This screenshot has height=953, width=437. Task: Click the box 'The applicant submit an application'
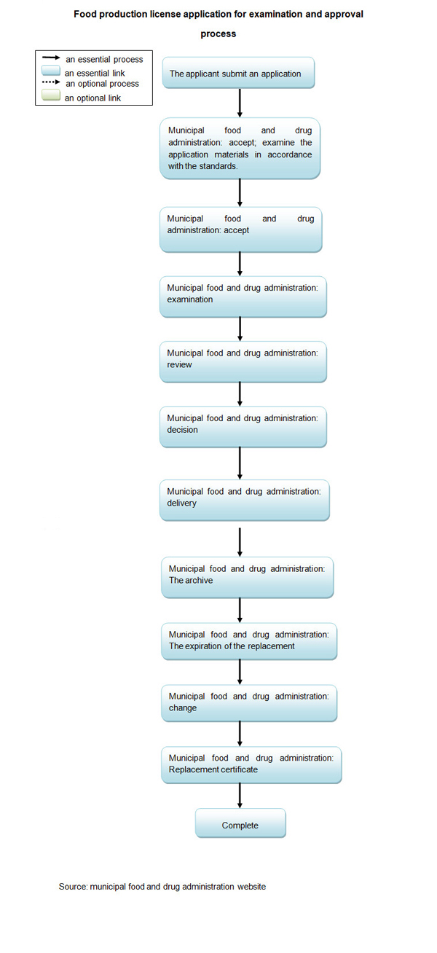[238, 73]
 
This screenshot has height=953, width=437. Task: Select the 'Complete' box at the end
[240, 825]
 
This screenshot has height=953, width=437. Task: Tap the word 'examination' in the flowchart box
[190, 299]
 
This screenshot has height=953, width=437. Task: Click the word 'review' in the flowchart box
[179, 364]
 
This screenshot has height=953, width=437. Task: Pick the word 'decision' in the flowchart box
[182, 430]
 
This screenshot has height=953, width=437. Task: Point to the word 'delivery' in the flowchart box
[181, 503]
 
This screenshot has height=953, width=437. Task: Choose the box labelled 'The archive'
[248, 576]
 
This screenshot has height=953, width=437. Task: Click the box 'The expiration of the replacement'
[249, 640]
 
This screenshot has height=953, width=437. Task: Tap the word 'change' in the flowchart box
[182, 707]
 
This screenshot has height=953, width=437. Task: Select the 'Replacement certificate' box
[251, 764]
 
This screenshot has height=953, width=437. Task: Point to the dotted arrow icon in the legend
[51, 83]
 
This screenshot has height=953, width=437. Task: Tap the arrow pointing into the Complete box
[240, 796]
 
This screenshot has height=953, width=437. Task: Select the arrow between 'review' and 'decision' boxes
[240, 394]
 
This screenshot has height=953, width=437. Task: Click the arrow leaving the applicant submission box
[240, 103]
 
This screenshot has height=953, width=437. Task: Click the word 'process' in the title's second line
[219, 34]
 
